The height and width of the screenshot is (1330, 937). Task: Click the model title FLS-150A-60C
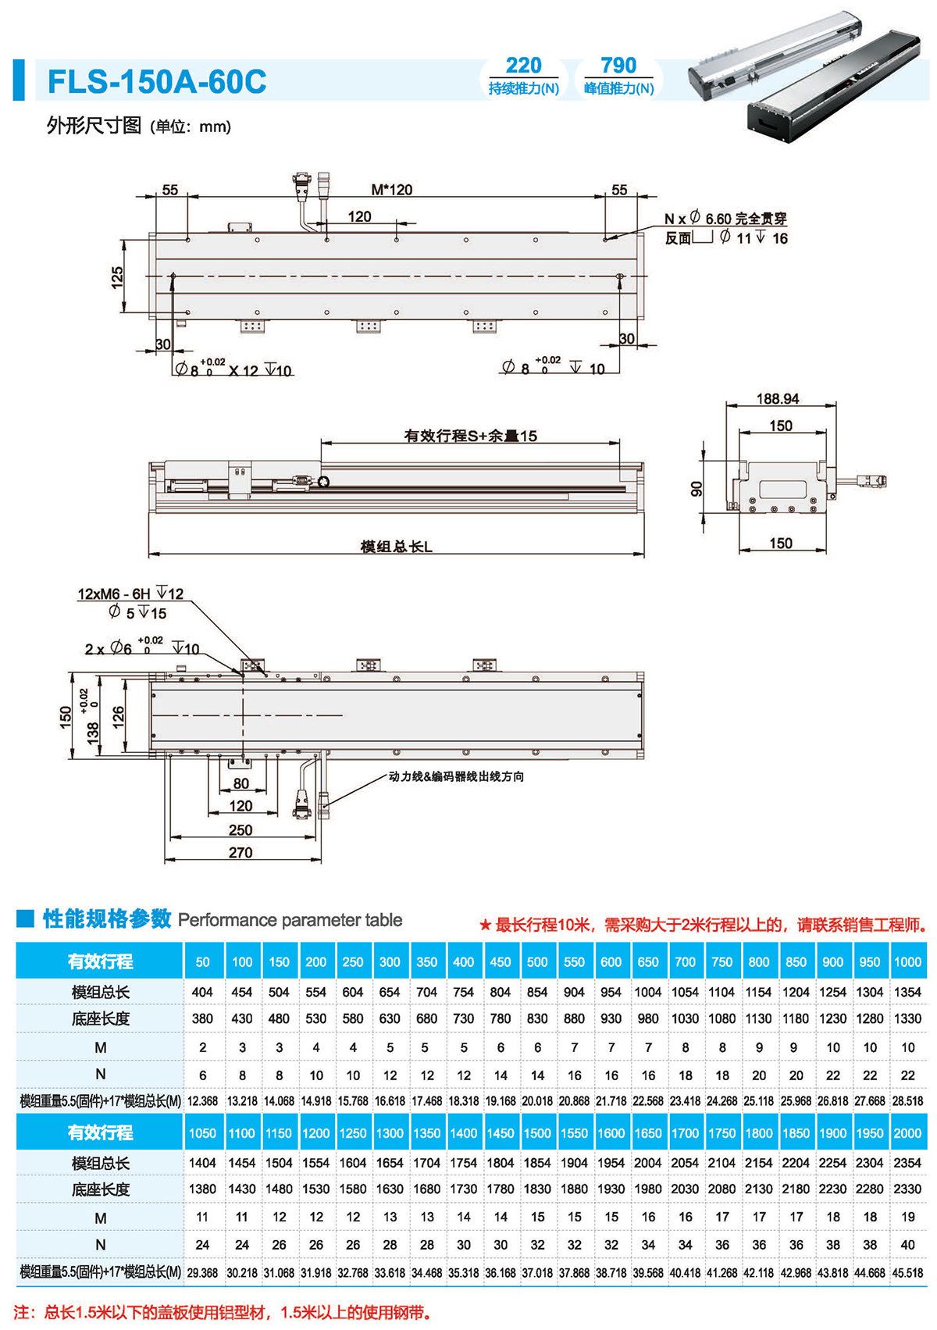[157, 81]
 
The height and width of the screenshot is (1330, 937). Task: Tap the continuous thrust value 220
[523, 66]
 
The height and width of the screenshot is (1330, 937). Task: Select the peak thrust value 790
[618, 66]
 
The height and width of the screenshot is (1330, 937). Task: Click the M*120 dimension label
[391, 190]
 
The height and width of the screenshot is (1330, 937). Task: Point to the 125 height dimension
[117, 277]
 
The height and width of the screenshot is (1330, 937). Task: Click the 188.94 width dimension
[778, 399]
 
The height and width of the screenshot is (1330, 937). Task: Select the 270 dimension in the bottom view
[240, 853]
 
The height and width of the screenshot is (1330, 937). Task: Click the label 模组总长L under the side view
[396, 547]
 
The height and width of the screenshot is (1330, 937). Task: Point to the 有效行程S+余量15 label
[470, 436]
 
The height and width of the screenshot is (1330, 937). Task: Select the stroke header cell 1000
[907, 962]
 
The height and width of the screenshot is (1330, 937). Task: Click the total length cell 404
[202, 992]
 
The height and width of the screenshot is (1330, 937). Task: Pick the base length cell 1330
[907, 1018]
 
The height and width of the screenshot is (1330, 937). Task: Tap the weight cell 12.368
[202, 1101]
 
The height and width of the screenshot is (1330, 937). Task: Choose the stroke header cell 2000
[907, 1133]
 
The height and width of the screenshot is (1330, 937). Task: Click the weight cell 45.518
[907, 1273]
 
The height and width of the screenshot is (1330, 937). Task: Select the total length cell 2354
[907, 1163]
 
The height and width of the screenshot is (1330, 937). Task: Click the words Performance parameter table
[290, 920]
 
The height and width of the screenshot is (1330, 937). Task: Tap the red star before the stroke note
[485, 925]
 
